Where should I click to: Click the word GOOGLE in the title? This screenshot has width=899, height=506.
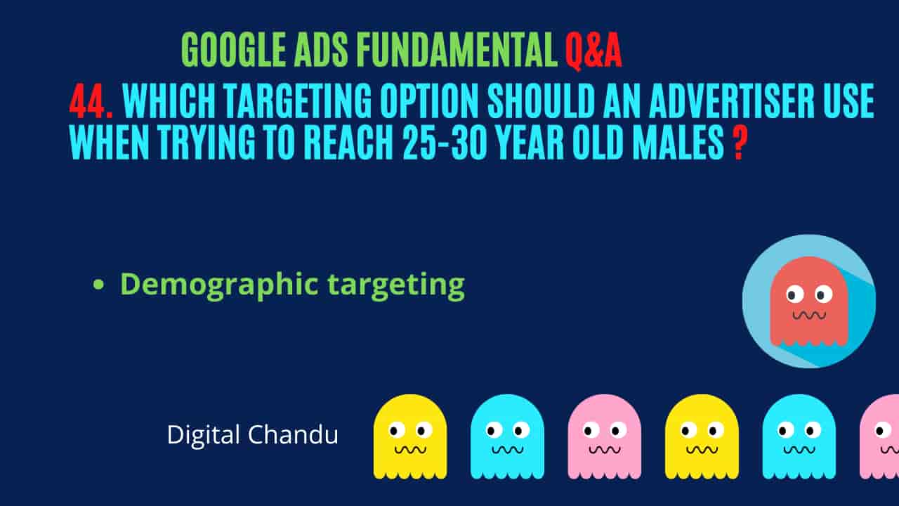(234, 50)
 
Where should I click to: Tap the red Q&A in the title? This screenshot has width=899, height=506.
(593, 51)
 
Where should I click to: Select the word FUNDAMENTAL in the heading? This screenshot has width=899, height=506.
(457, 50)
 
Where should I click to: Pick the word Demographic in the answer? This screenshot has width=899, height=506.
(219, 285)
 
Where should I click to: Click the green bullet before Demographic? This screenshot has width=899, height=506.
(98, 285)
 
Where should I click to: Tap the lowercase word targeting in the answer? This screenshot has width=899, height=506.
(397, 286)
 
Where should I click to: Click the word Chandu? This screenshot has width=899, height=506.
(293, 434)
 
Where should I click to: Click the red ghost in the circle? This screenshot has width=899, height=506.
(808, 301)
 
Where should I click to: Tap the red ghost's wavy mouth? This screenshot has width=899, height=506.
(808, 316)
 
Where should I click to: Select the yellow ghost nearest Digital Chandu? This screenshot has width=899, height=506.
(410, 436)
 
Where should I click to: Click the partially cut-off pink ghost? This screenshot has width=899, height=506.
(879, 436)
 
